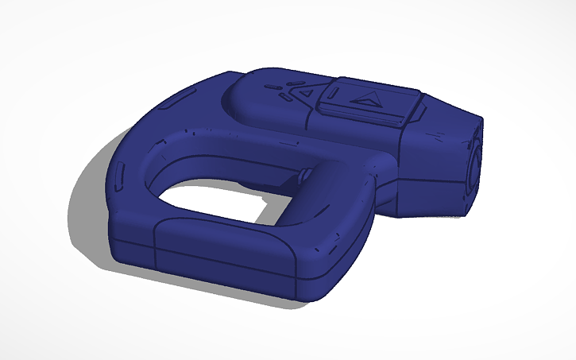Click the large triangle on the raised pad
[366, 99]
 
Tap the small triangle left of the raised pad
[305, 93]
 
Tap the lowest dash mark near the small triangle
[283, 99]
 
